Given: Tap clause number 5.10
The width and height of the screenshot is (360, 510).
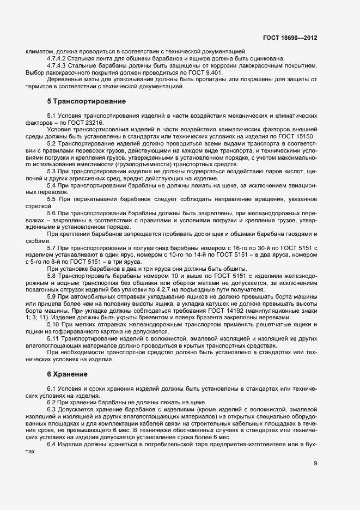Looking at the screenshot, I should point(54,324).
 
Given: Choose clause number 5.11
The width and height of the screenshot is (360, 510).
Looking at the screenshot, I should point(54,338).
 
